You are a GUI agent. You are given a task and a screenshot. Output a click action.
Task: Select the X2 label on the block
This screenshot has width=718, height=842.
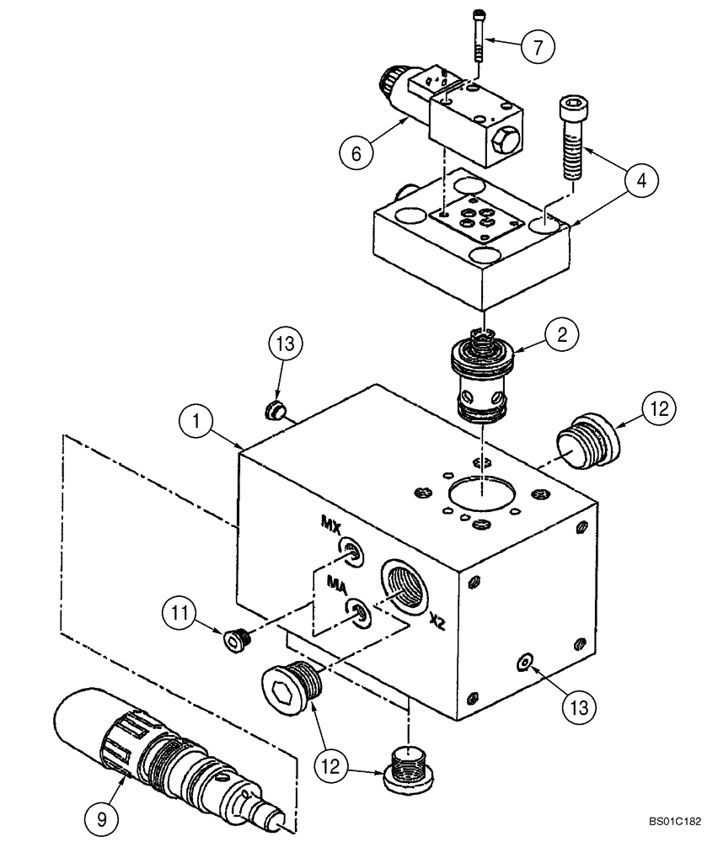pyautogui.click(x=437, y=620)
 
